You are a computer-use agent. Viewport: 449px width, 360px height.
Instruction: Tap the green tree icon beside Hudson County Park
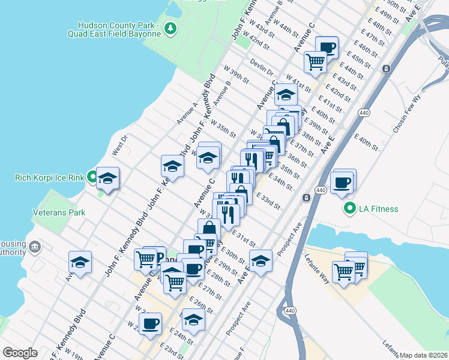(x=171, y=28)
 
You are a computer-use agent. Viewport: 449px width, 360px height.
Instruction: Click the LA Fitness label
(x=378, y=209)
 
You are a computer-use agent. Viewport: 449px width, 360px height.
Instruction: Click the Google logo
(x=20, y=353)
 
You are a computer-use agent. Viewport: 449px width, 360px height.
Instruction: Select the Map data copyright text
(x=423, y=355)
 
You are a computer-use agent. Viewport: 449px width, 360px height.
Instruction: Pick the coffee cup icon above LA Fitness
(x=342, y=182)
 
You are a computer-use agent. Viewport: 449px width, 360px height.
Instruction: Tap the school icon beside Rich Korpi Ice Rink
(x=108, y=178)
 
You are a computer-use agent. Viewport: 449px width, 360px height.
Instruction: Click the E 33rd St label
(x=268, y=200)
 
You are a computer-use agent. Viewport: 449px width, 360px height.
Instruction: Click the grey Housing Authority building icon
(x=35, y=247)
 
